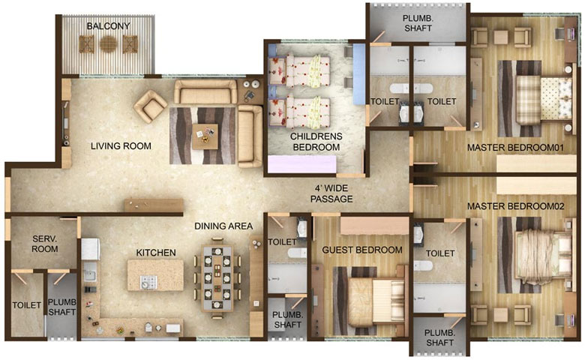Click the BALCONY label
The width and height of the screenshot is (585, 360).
click(x=108, y=26)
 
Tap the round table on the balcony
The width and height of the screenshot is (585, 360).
click(x=109, y=44)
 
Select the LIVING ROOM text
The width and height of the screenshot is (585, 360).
click(x=121, y=145)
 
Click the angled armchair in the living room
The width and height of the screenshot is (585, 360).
click(x=150, y=106)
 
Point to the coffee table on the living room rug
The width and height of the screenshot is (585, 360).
click(x=205, y=136)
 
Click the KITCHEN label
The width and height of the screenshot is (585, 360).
click(x=156, y=253)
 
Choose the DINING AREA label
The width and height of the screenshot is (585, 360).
click(x=223, y=226)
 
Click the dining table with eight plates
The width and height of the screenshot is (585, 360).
click(x=217, y=278)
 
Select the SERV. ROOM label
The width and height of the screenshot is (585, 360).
click(x=45, y=244)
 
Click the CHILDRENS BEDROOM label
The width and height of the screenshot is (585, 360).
click(x=316, y=142)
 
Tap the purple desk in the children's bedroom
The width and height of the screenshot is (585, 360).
click(x=302, y=164)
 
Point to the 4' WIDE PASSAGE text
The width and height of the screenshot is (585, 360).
click(x=331, y=193)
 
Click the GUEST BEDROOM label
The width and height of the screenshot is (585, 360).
click(x=362, y=250)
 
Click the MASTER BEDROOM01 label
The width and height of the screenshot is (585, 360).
click(x=515, y=148)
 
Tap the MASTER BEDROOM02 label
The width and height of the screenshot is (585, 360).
click(x=515, y=206)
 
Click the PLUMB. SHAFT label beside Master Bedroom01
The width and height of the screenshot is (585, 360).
click(x=418, y=23)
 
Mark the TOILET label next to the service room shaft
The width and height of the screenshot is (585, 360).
click(x=27, y=305)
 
